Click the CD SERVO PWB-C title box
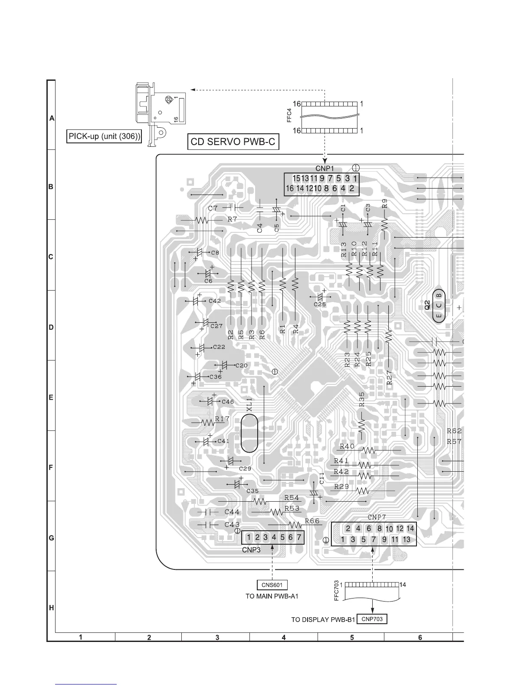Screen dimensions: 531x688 233,142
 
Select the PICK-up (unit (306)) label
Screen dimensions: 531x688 105,136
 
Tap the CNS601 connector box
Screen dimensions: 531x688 272,585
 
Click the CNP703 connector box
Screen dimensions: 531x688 372,619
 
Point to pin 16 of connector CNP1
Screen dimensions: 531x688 290,189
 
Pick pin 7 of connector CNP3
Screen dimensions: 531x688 298,537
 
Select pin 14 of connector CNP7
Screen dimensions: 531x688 410,529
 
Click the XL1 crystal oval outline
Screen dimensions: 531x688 249,433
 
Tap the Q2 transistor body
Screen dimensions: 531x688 439,305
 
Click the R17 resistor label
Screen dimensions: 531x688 222,419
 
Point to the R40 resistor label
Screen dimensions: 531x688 347,446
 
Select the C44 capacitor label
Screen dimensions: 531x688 232,512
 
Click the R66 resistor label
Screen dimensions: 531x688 312,521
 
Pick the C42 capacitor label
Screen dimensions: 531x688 215,301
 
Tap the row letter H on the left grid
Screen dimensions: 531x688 51,608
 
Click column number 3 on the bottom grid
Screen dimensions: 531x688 216,637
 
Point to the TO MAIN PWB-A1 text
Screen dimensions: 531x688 272,596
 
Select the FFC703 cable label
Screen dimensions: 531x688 337,591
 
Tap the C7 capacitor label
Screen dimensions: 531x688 213,208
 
